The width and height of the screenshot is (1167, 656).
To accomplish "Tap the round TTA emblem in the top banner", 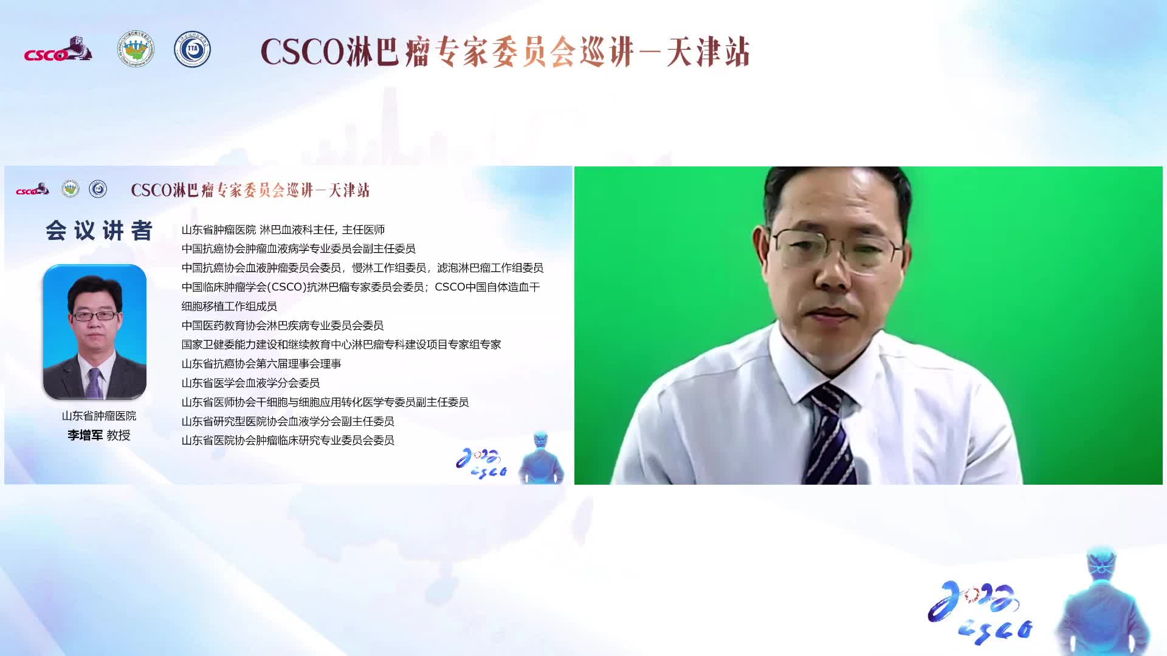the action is (192, 49).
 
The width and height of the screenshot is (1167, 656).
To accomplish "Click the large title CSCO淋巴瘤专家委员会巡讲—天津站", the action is (505, 52).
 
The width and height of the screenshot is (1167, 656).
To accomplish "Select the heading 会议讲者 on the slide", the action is (99, 231).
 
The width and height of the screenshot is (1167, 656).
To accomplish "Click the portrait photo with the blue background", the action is (95, 332).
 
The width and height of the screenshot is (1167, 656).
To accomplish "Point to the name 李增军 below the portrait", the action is (85, 435).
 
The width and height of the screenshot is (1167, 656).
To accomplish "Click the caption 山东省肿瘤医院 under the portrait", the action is (99, 416).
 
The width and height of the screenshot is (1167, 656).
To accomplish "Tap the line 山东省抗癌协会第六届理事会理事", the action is (261, 364).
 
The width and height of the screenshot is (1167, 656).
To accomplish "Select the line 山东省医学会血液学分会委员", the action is (250, 383).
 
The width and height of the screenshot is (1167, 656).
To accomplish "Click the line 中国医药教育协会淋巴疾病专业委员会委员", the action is (283, 326).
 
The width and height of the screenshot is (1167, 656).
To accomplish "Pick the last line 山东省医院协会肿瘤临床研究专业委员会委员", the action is (288, 440).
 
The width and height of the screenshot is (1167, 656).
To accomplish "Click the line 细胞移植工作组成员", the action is (229, 306).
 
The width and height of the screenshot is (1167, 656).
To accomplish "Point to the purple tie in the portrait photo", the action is (94, 383).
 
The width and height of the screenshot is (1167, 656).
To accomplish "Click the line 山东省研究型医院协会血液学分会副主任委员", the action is (288, 421).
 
